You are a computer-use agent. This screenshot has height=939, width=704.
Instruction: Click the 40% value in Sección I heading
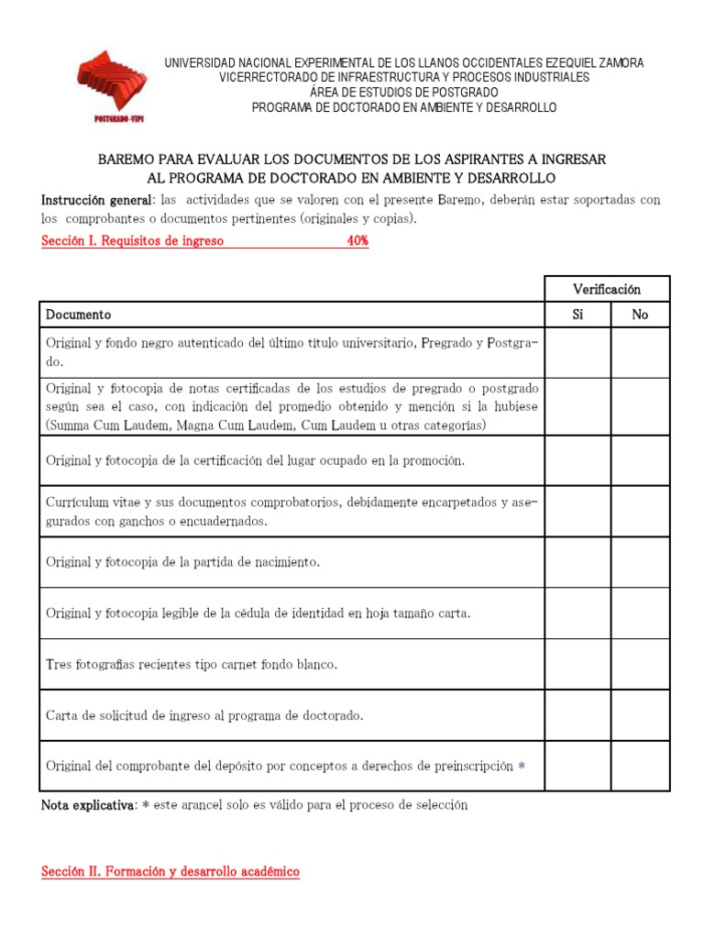pyautogui.click(x=357, y=242)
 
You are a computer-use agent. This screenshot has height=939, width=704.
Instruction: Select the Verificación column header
pyautogui.click(x=607, y=289)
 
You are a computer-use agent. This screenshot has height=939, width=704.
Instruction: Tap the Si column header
pyautogui.click(x=577, y=315)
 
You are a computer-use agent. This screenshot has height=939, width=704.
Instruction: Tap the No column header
pyautogui.click(x=640, y=315)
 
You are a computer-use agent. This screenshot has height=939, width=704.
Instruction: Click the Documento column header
pyautogui.click(x=79, y=315)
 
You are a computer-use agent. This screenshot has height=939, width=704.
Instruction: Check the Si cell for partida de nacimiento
pyautogui.click(x=577, y=562)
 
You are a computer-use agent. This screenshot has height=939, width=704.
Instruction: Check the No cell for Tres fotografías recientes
pyautogui.click(x=640, y=664)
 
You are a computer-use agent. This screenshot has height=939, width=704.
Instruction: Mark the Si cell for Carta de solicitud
pyautogui.click(x=577, y=715)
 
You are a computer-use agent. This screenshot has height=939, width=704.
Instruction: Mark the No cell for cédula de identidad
pyautogui.click(x=640, y=613)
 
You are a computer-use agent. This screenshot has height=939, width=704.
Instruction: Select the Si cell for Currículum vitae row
pyautogui.click(x=577, y=511)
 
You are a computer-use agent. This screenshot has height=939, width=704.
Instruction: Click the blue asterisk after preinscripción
pyautogui.click(x=522, y=767)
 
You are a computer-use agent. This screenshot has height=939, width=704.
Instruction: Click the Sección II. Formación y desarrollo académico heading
pyautogui.click(x=170, y=872)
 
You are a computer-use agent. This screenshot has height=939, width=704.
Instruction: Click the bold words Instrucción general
pyautogui.click(x=94, y=200)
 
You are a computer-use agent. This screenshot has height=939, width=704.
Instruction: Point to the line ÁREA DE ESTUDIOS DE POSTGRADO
pyautogui.click(x=404, y=93)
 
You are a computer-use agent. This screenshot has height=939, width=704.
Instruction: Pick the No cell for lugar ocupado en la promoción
pyautogui.click(x=640, y=460)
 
